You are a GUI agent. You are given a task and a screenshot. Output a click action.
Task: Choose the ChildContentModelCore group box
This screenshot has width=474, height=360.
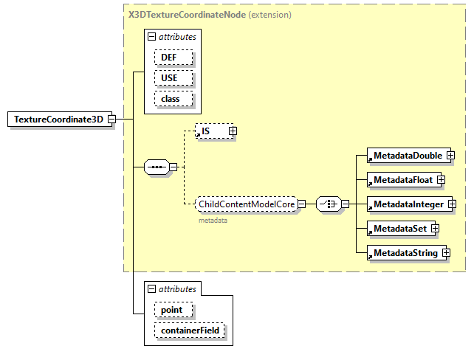pos(246,204)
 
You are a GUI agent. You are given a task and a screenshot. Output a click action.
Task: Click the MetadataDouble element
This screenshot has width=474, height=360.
pos(407,156)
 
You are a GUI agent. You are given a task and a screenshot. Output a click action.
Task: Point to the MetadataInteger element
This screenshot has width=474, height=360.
pos(408,204)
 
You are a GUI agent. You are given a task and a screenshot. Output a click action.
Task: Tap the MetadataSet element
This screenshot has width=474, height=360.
pos(399,228)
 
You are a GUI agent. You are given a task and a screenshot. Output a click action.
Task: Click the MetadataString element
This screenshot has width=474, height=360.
pos(405,253)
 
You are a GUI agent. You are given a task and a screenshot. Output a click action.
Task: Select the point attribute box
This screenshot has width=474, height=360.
pos(173,310)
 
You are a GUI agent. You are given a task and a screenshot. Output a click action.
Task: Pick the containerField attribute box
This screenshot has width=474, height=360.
pos(189,330)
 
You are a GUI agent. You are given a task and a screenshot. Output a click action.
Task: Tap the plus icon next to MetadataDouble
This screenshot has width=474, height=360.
pos(450,156)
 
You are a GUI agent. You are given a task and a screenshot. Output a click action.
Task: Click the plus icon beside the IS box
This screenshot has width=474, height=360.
pos(233,131)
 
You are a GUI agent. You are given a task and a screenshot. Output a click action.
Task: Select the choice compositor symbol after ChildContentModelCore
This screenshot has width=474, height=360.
pos(327,204)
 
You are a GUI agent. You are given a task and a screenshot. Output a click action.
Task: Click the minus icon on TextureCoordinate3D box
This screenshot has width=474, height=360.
pos(111,120)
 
